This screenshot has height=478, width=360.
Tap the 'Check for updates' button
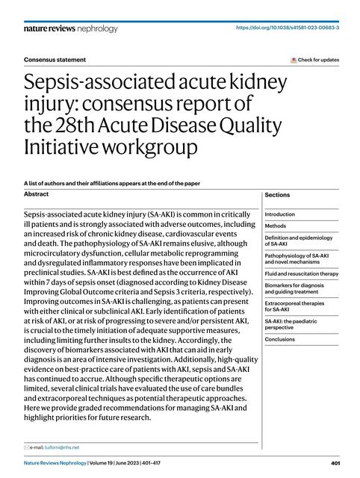(314, 60)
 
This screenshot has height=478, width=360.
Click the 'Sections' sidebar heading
(277, 195)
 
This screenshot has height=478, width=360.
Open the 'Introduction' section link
(280, 214)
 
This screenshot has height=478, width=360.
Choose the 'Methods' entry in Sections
(276, 226)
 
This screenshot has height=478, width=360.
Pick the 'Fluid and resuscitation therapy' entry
(301, 273)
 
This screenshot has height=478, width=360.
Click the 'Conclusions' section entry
(280, 338)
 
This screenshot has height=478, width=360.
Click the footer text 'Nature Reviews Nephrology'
(52, 462)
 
